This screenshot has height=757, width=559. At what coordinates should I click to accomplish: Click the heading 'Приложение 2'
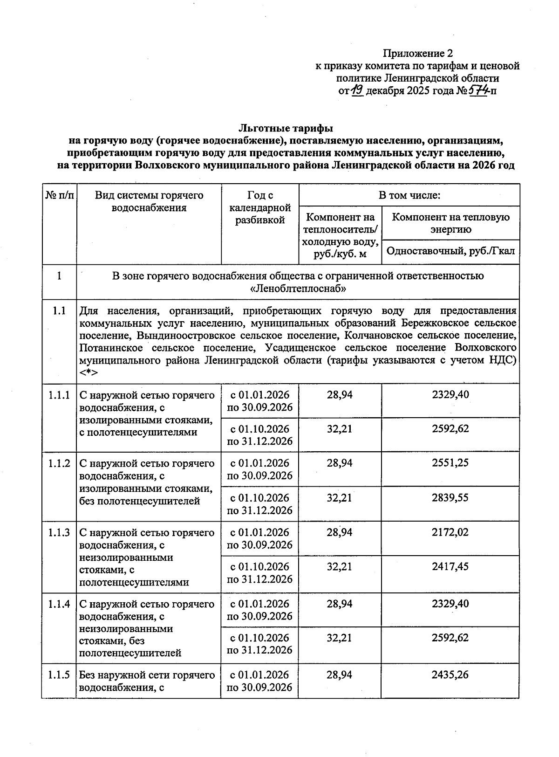pos(417,53)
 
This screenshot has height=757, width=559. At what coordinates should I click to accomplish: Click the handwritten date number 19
pos(357,90)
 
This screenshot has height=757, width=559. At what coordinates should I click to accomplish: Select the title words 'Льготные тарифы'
pos(286,128)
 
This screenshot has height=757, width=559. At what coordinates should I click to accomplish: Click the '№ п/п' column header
pos(59,195)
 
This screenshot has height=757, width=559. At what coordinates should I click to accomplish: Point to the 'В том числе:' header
pos(409,195)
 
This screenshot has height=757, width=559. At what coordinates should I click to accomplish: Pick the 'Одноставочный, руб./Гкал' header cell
pos(450,251)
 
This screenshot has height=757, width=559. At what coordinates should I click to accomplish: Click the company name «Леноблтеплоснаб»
pos(298,289)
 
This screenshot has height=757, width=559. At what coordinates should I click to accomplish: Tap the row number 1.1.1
pos(59,395)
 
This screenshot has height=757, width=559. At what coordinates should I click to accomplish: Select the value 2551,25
pos(450,463)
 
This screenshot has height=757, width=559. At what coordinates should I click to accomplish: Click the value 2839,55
pos(450,497)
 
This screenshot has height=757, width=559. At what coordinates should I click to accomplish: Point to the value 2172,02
pos(450,532)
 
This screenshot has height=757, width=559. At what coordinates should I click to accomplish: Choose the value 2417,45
pos(450,566)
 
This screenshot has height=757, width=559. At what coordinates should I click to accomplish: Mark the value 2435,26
pos(450,674)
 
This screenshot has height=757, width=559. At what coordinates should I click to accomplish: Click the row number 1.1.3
pos(59,532)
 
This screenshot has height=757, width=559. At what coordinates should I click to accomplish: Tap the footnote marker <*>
pos(88,373)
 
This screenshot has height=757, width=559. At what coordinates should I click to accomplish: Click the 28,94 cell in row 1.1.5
pos(340,674)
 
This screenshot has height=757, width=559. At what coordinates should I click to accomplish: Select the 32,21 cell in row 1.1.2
pos(340,497)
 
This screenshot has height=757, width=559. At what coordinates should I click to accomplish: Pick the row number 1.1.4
pos(59,604)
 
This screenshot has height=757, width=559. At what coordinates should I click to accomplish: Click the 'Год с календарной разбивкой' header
pos(259,207)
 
